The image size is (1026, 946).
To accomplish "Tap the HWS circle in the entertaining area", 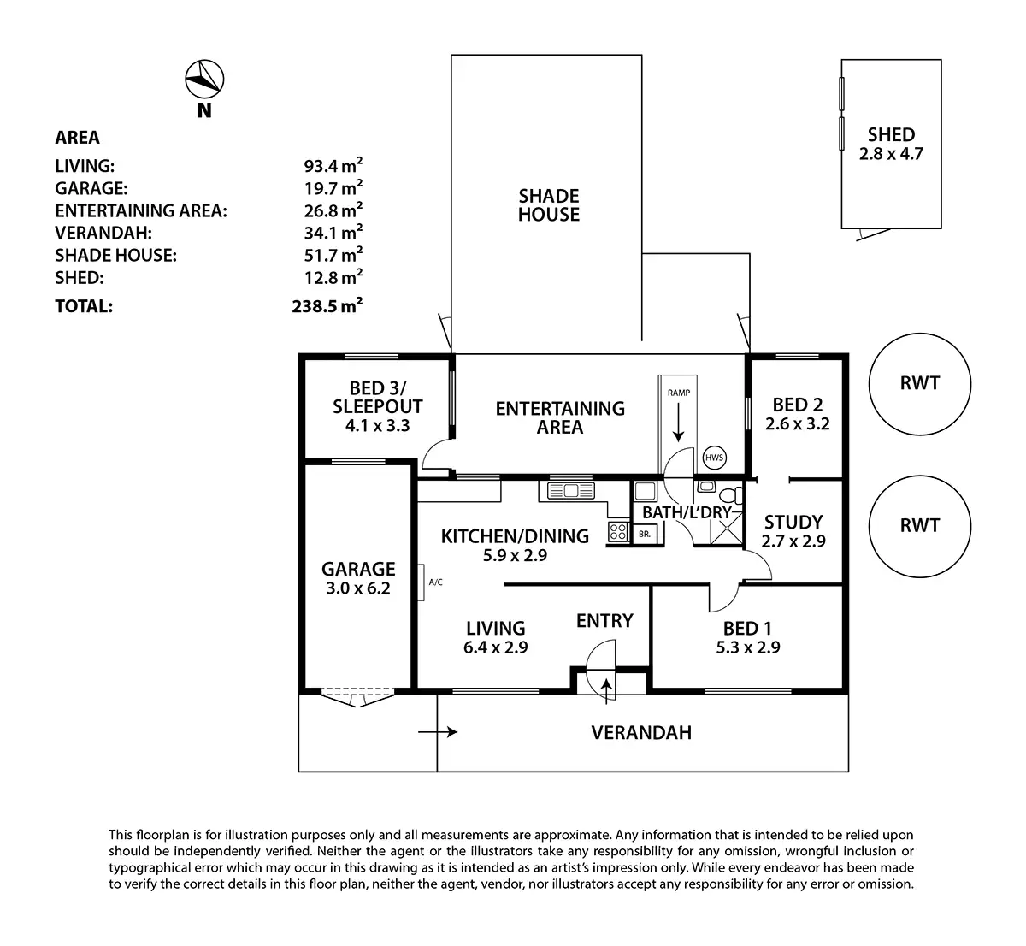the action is [714, 458].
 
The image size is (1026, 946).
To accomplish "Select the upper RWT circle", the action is [920, 383].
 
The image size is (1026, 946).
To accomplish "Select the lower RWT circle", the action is [920, 525].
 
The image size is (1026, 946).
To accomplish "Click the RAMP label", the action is [679, 393].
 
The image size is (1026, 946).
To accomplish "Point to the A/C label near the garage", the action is [435, 582].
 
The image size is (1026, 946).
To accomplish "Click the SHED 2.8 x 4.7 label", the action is [891, 145].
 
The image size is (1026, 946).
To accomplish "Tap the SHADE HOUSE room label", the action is [549, 205].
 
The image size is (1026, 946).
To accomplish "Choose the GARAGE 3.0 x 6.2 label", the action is [358, 578].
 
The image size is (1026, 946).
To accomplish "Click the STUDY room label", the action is [793, 531].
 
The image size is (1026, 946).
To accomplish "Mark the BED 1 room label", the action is [747, 638].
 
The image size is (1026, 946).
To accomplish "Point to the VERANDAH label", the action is [641, 732].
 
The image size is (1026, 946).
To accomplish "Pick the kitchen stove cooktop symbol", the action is [617, 532].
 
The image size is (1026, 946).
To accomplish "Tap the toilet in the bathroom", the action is [729, 495].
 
